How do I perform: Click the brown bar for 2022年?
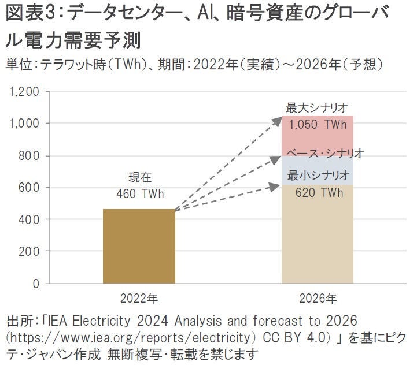tap(139, 246)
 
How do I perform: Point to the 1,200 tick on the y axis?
tap(25, 92)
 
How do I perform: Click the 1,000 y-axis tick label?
tap(25, 124)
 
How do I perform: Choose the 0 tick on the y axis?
tap(36, 284)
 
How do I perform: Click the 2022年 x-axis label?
tap(139, 299)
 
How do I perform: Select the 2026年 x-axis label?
tap(318, 299)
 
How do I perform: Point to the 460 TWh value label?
tap(139, 194)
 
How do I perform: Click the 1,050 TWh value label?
tap(318, 124)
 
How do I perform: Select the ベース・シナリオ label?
tap(325, 153)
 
